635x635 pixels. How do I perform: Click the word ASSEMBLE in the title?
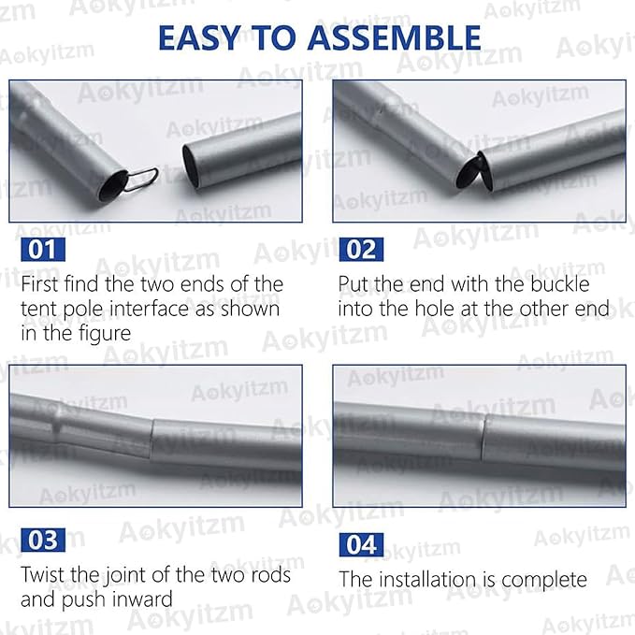pos(394,37)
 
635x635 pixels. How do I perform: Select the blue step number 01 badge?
pos(43,250)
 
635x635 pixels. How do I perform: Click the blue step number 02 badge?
pos(361,250)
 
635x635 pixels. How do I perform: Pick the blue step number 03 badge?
pos(43,540)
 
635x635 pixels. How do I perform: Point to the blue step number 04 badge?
pos(361,544)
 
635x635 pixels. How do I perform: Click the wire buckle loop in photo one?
pos(142,179)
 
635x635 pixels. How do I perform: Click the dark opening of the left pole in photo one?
pos(114,185)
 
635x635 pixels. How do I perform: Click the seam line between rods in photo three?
pos(152,440)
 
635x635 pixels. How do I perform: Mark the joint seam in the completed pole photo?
pos(483,439)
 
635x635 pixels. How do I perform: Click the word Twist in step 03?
pos(43,574)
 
